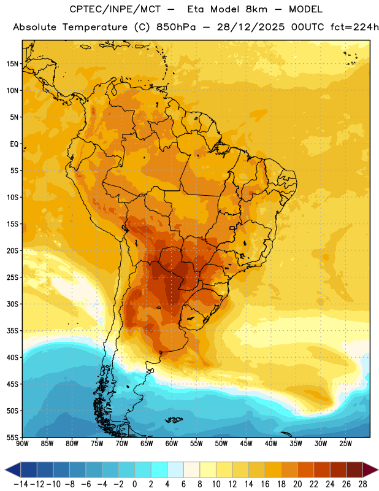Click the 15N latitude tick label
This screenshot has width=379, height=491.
(12, 64)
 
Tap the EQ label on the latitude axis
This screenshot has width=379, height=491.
(14, 144)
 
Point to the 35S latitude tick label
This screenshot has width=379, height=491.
(12, 331)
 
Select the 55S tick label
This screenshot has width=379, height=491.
(12, 437)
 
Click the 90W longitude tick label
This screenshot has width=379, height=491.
(22, 444)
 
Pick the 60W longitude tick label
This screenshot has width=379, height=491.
(172, 444)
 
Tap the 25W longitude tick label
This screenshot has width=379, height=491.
(345, 444)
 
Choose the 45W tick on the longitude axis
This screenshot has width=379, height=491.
(246, 444)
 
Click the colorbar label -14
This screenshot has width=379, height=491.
(21, 484)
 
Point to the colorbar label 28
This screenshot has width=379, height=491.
(362, 484)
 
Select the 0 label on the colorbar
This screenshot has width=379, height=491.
(134, 484)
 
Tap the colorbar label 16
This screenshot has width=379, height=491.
(265, 484)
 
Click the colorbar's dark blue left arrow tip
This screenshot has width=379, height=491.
(5, 470)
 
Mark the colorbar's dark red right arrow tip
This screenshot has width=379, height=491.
(378, 470)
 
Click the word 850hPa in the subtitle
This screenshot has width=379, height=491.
(176, 27)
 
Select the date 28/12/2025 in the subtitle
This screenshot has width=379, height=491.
(251, 27)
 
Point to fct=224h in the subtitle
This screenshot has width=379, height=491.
(354, 27)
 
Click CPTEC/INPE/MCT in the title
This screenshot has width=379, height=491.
(115, 9)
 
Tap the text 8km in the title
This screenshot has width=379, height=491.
(256, 9)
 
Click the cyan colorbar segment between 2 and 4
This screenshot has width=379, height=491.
(159, 470)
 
